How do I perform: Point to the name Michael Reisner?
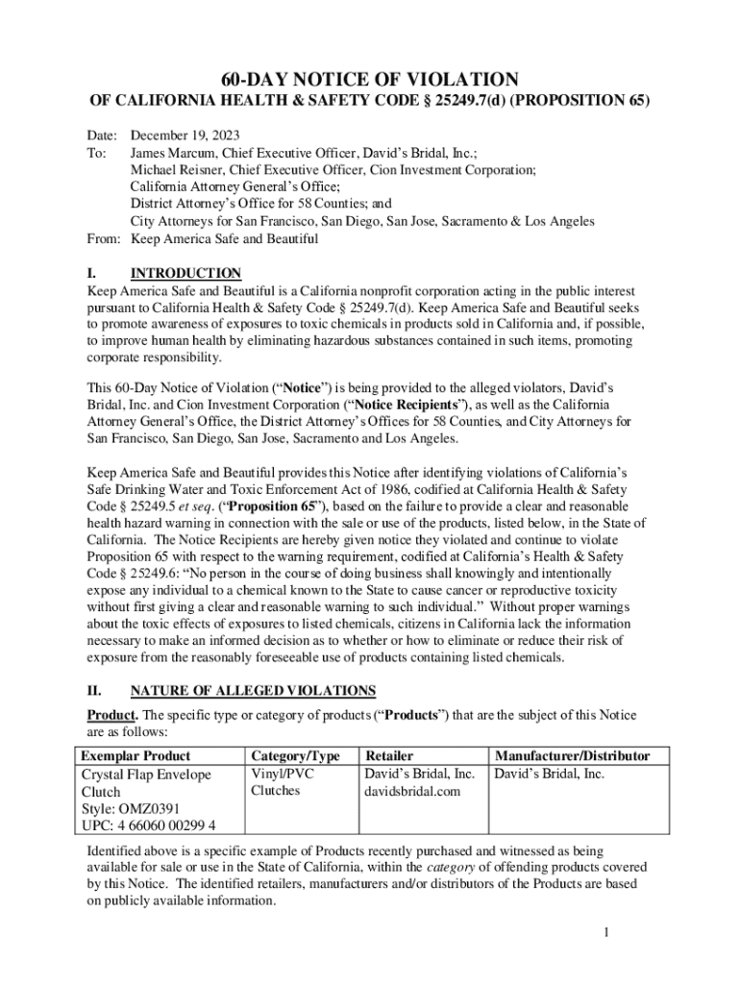[x=174, y=170]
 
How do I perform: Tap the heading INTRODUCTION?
[x=185, y=274]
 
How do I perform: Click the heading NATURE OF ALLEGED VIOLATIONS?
[x=253, y=691]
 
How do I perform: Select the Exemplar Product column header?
[x=136, y=756]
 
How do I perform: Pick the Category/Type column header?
[x=295, y=756]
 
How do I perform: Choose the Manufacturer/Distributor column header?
[x=571, y=756]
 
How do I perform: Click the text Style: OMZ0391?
[x=130, y=809]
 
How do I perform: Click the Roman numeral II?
[x=94, y=691]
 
